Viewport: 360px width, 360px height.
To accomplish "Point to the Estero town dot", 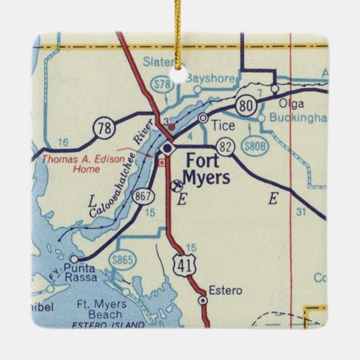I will (203, 300).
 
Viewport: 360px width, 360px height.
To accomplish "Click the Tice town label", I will (224, 126).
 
